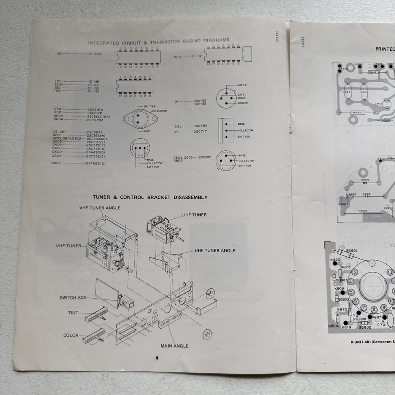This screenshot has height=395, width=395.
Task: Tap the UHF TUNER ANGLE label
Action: click(215, 250)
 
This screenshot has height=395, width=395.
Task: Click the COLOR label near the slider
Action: click(71, 335)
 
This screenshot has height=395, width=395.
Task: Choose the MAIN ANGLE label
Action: click(174, 346)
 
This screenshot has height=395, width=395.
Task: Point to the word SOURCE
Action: click(243, 103)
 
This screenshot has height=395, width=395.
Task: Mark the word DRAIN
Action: click(242, 98)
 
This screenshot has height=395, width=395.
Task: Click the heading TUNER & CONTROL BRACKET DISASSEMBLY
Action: click(150, 197)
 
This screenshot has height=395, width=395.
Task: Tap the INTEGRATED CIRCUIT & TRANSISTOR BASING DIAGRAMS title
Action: click(158, 40)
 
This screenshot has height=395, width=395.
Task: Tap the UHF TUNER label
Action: click(194, 215)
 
